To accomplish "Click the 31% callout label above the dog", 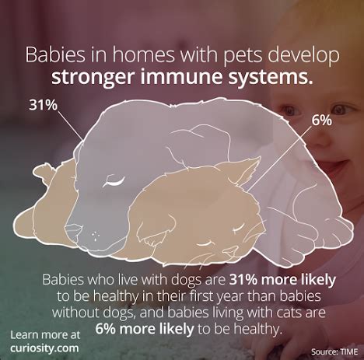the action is tap(43, 105).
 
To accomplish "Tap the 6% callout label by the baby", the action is tap(321, 121).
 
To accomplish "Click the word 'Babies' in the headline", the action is tap(55, 54).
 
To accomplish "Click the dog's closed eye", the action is tap(114, 181).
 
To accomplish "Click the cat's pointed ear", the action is tap(247, 171).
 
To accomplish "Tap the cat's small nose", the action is tap(230, 251).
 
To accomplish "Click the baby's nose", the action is tap(321, 138).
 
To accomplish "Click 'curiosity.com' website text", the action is tap(44, 348).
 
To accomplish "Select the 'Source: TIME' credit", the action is tap(334, 351).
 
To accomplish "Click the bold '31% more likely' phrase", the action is tap(282, 281).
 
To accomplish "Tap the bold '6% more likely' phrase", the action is tap(145, 329).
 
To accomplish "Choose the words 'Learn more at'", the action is tap(45, 335).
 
